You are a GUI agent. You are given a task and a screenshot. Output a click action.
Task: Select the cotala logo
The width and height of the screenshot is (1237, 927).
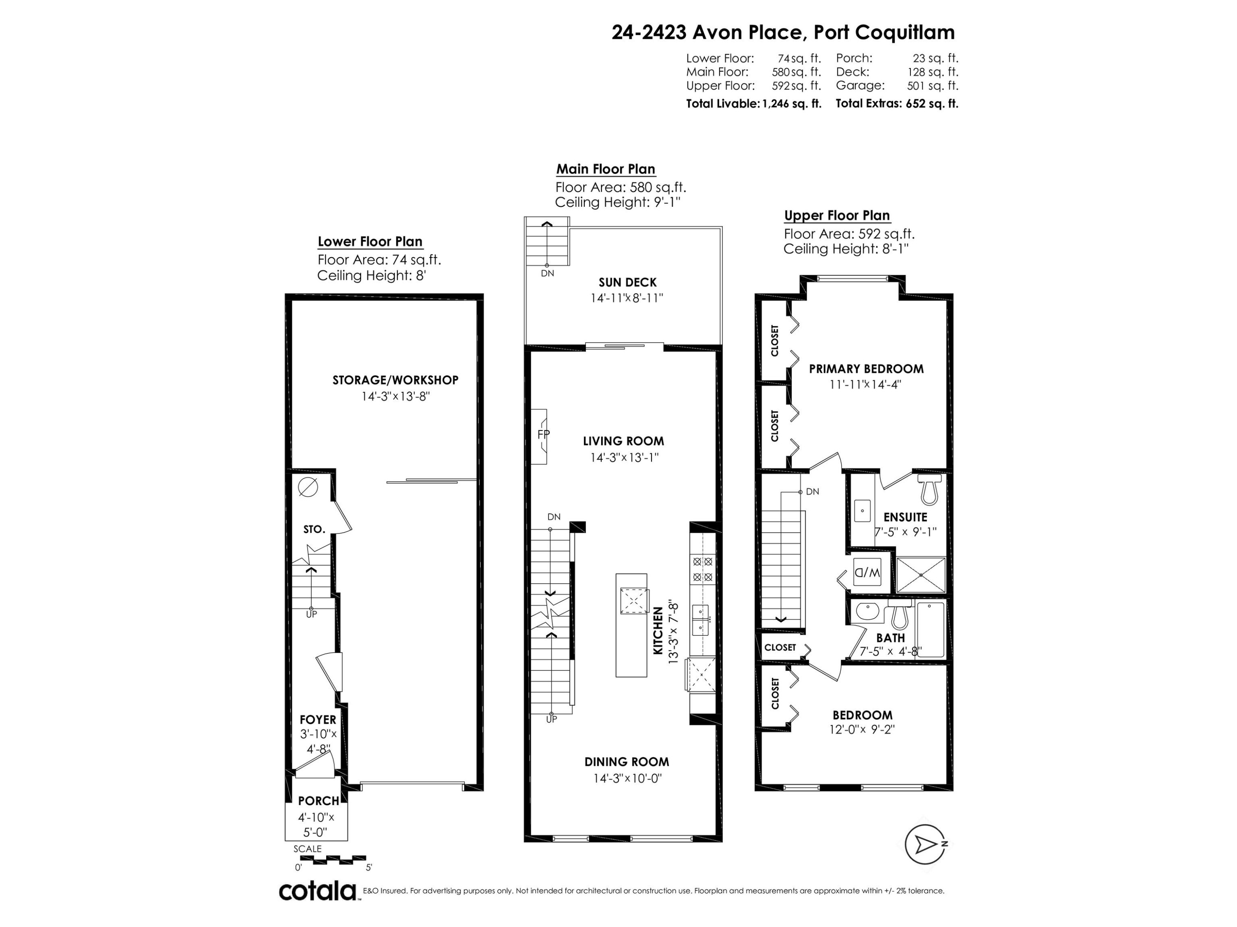point(317,891)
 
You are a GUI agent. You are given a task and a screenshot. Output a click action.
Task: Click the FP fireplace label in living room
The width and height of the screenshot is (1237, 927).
point(543,434)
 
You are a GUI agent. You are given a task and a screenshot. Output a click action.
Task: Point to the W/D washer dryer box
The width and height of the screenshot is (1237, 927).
point(867,572)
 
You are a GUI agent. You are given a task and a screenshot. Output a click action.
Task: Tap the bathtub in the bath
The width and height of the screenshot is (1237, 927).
point(930,630)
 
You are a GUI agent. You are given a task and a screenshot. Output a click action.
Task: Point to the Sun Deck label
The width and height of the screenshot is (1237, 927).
point(628,282)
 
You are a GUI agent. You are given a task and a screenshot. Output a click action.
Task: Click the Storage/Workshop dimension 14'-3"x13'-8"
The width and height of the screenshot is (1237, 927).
point(395,396)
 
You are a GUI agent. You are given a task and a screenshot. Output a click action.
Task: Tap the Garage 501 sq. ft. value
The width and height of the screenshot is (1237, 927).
point(932,86)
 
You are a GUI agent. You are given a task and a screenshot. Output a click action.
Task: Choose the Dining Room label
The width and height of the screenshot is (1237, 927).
point(626,762)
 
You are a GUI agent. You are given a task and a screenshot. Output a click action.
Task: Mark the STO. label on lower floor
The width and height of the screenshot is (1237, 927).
point(314,529)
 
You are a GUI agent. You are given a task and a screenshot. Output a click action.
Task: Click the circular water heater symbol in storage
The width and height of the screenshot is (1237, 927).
point(308,487)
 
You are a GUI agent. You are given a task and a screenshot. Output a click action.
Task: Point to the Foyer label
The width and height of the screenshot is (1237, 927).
point(317,720)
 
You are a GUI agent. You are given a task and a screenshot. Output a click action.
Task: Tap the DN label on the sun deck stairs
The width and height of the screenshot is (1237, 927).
point(548,273)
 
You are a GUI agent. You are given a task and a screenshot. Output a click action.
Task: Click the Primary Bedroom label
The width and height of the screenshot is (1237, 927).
point(866,369)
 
